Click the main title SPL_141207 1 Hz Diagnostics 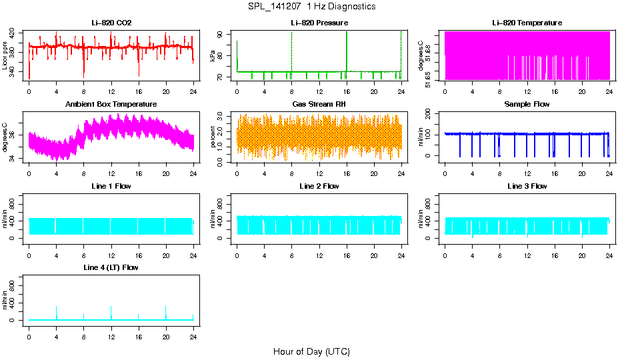[x=311, y=7]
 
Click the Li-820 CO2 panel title [x=111, y=23]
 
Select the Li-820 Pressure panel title [x=319, y=23]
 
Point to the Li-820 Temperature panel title [x=527, y=23]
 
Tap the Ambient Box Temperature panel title [x=111, y=104]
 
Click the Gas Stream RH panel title [x=319, y=104]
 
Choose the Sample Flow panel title [x=527, y=104]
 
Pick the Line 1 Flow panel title [x=111, y=186]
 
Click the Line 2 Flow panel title [x=319, y=186]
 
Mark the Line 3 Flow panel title [x=527, y=186]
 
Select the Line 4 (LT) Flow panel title [x=111, y=267]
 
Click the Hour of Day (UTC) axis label [x=311, y=351]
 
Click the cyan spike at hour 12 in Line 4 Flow [x=111, y=311]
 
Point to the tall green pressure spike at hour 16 [x=347, y=47]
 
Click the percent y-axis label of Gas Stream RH [x=213, y=137]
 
